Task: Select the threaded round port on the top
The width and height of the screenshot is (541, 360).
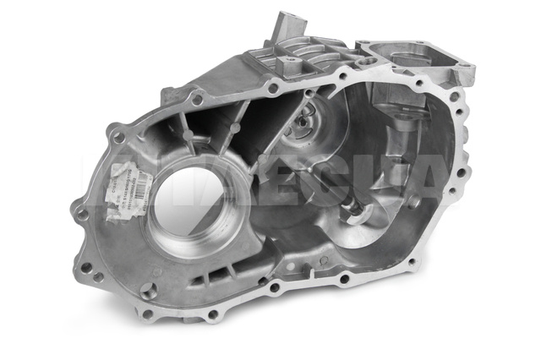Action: [369, 63]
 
